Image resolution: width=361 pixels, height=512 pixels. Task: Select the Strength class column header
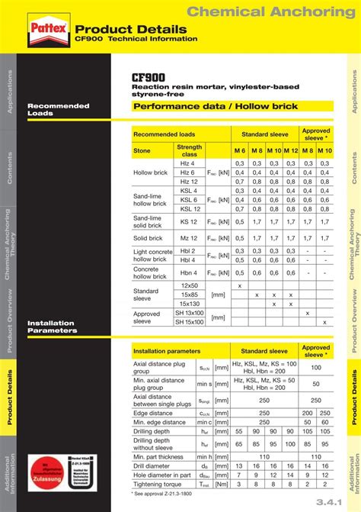[x=189, y=150]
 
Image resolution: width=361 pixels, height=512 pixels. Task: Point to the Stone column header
[x=142, y=151]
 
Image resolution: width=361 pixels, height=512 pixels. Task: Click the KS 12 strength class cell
[x=189, y=222]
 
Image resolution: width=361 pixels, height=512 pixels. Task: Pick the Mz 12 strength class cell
[x=189, y=238]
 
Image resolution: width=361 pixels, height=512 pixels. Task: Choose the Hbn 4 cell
[x=189, y=272]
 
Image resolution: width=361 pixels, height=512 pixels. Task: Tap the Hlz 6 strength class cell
[x=188, y=172]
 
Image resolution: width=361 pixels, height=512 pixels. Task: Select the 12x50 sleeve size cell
[x=190, y=285]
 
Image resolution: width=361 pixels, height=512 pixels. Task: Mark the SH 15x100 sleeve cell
[x=190, y=322]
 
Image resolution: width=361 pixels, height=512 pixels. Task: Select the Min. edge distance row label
[x=160, y=422]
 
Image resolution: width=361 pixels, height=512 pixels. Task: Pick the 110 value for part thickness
[x=264, y=456]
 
